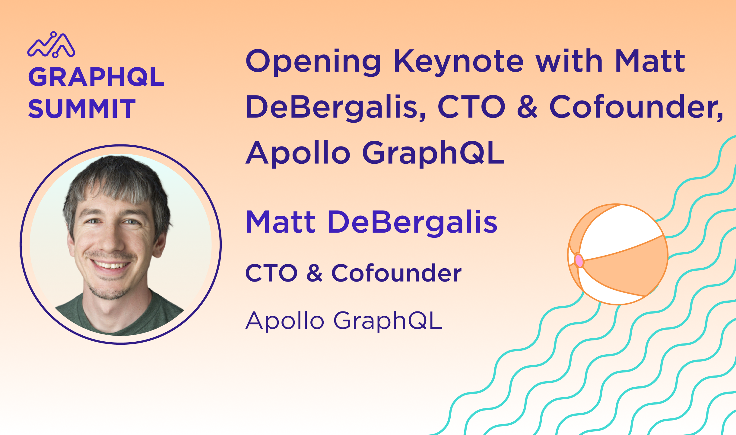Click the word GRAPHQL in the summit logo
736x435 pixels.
pos(96,77)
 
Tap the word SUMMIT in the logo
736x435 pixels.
pos(82,108)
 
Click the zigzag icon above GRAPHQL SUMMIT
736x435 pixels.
pos(51,45)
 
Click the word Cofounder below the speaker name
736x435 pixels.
pos(396,273)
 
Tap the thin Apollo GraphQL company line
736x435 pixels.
pos(344,321)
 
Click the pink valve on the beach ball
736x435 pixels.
pos(579,260)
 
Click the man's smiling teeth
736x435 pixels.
pos(111,265)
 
